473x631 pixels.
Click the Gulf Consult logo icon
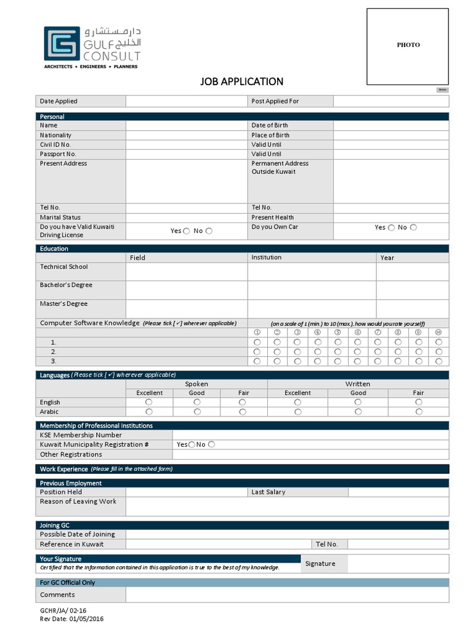62,43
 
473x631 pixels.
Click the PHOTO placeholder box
408,46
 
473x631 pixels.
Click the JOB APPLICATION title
241,81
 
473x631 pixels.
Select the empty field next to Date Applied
187,101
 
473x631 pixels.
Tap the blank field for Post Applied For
391,101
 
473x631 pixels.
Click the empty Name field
187,125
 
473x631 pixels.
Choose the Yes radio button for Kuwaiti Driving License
187,231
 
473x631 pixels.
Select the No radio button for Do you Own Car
413,227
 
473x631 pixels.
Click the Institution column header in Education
266,258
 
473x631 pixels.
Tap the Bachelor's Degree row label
66,285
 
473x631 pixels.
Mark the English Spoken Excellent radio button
149,402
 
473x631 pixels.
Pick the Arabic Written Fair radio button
419,412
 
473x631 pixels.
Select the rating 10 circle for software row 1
439,342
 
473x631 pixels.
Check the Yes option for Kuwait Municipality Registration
192,444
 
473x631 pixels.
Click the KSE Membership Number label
81,435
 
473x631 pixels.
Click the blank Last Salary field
398,492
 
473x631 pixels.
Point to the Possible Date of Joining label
78,534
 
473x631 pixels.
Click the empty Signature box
398,563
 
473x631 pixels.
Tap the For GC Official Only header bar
242,582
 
